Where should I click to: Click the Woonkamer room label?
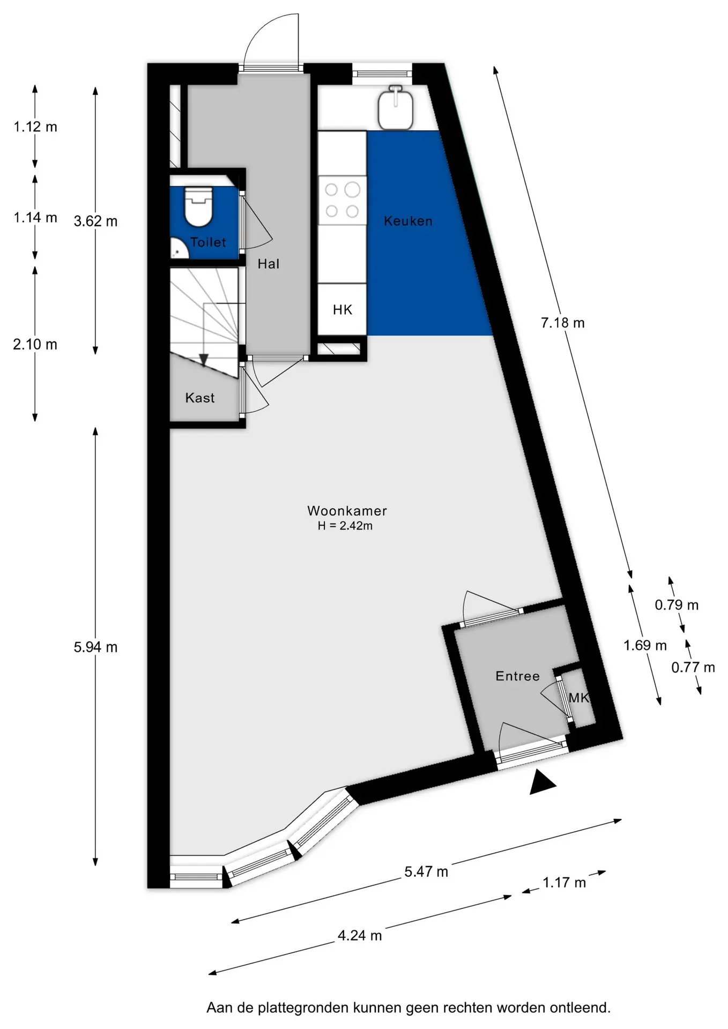click(347, 511)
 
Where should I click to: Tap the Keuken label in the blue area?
click(408, 221)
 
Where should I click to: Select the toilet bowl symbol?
click(198, 206)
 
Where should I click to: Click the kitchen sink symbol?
click(396, 107)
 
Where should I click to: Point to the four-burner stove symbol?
click(342, 200)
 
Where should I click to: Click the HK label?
click(343, 309)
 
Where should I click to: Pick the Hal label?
click(269, 264)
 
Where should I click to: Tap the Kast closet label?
click(200, 398)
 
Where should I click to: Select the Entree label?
click(517, 676)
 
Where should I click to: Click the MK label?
click(578, 698)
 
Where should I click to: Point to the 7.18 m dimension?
click(562, 323)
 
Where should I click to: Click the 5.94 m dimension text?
click(95, 647)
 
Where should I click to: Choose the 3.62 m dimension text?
click(95, 221)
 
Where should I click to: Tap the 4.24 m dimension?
click(360, 936)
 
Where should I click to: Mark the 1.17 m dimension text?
click(564, 883)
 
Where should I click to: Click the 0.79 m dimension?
click(677, 605)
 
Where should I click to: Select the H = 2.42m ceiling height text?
click(345, 526)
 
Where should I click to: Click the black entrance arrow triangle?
click(543, 783)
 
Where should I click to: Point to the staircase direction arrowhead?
click(204, 360)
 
